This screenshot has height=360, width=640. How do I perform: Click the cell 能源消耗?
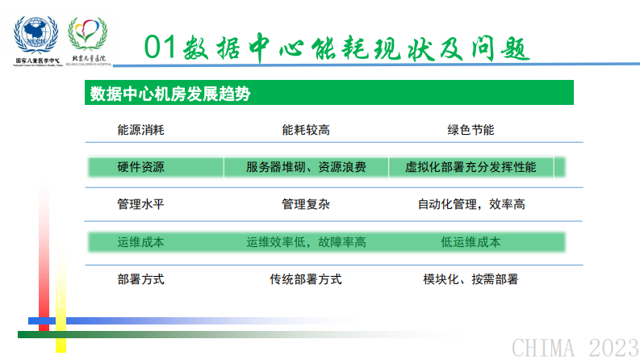[x=140, y=130]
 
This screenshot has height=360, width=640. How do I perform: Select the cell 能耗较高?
[x=306, y=130]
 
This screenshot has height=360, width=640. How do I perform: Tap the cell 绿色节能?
[x=471, y=130]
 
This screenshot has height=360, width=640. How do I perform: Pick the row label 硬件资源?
[x=140, y=168]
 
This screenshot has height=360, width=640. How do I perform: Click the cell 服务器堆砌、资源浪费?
[x=306, y=168]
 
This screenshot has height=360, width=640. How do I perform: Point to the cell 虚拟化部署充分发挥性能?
[x=471, y=168]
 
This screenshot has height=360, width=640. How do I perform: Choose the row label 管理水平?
[x=140, y=204]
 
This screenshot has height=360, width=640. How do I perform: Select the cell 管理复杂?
[x=306, y=204]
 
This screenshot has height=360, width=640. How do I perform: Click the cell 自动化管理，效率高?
[x=471, y=204]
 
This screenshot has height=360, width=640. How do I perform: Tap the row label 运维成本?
[x=140, y=241]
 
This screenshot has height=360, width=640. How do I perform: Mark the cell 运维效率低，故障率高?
[x=306, y=241]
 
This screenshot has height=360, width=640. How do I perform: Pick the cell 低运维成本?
[x=471, y=241]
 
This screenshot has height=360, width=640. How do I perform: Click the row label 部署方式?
[x=140, y=279]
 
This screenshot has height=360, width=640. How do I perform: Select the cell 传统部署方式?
[x=306, y=279]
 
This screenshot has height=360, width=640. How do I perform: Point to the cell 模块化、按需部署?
[x=471, y=279]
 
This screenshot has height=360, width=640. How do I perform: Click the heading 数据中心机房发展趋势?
[x=169, y=94]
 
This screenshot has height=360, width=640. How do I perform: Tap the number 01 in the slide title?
[x=161, y=46]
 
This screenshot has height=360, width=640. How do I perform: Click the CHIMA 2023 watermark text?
[x=575, y=347]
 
